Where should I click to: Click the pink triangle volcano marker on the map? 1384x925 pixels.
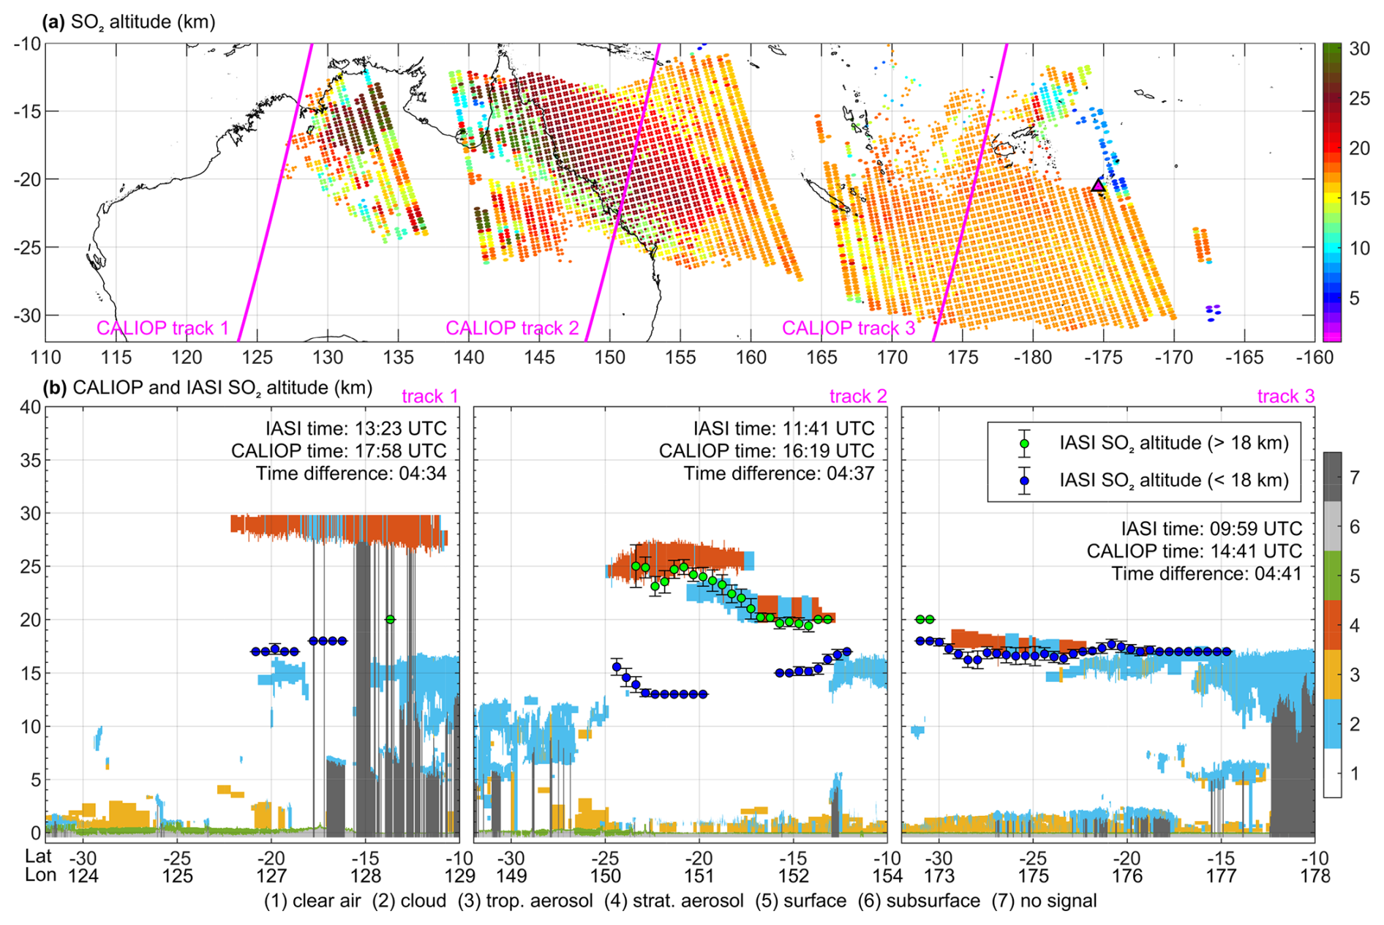click(1098, 185)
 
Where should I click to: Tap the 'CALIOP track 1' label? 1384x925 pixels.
click(162, 328)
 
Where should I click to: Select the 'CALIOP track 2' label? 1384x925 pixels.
click(512, 328)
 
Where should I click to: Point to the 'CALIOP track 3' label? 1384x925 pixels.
click(849, 328)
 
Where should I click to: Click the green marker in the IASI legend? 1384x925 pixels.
click(1025, 443)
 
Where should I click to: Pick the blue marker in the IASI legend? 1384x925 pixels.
click(1025, 481)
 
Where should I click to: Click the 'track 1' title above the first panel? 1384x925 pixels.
click(430, 396)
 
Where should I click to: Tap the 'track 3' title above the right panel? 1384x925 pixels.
click(1286, 396)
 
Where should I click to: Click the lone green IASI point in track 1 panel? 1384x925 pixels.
click(391, 619)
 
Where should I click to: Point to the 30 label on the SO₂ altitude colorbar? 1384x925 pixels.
click(1359, 49)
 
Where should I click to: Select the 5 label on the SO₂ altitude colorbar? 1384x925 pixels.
click(1355, 298)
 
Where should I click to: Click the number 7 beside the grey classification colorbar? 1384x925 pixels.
click(1355, 478)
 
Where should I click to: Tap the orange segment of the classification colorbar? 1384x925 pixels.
click(1332, 624)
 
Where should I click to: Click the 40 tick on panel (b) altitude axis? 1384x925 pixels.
click(30, 407)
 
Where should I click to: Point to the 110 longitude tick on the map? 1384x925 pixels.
click(45, 357)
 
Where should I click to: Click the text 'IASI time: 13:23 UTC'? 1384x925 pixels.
click(356, 428)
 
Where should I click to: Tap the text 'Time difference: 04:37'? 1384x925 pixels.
click(779, 473)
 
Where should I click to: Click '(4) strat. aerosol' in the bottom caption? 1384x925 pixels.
click(674, 901)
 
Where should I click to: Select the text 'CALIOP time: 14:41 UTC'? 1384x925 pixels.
click(1195, 551)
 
